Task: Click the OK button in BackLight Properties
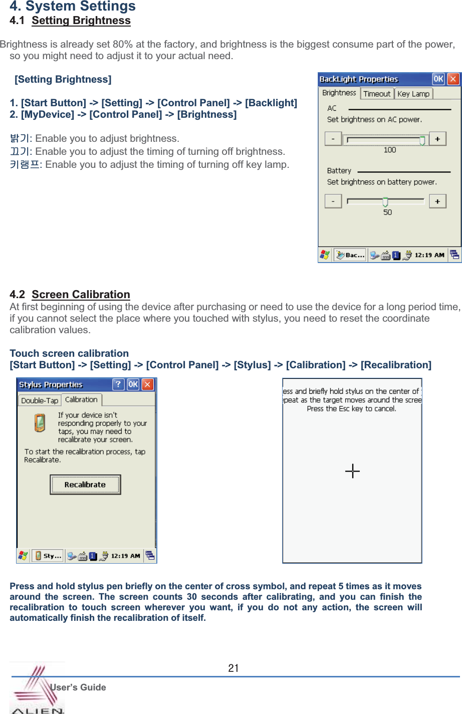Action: tap(438, 79)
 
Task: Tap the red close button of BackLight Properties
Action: tap(453, 79)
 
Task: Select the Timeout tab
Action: tap(377, 94)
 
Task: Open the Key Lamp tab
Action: tap(413, 94)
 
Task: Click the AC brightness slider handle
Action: tap(422, 140)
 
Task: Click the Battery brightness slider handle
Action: tap(385, 201)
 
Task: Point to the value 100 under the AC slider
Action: tap(389, 150)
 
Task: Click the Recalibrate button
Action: tap(85, 485)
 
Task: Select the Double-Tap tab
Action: tap(40, 400)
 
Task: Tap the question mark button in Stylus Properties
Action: tap(118, 384)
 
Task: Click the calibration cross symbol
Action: tap(353, 471)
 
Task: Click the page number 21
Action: tap(234, 668)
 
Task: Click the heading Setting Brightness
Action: tap(81, 21)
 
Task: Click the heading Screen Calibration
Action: tap(81, 295)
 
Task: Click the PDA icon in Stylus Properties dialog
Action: tap(40, 423)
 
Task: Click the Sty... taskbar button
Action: tap(48, 556)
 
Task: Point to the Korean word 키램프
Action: tap(24, 164)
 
